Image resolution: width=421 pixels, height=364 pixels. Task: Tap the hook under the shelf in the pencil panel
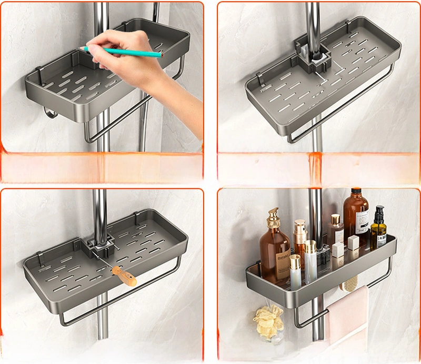[48, 113]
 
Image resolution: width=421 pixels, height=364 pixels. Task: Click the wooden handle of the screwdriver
[124, 276]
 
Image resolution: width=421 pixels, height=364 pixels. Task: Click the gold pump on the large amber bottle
[273, 217]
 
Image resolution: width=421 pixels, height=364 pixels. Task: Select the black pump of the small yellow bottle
[379, 213]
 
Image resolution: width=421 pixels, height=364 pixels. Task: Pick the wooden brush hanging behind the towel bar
[349, 284]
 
